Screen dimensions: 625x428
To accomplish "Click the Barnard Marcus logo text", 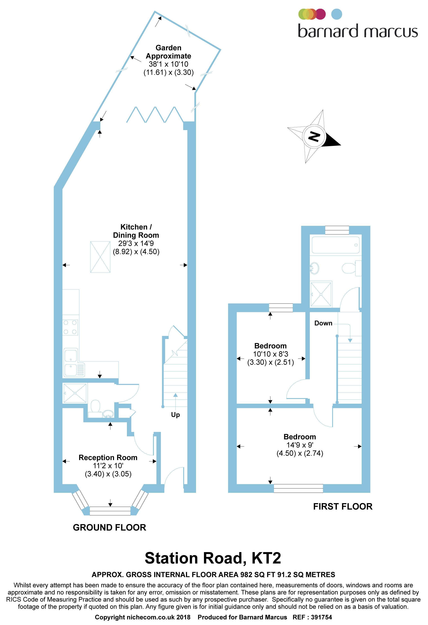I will point(358,31).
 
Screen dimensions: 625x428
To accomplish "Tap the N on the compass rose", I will point(314,137).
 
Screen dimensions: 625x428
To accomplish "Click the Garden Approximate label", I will point(168,52).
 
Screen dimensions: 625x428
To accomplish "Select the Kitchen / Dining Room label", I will point(136,231).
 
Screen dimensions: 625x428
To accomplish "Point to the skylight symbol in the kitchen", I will point(100,257).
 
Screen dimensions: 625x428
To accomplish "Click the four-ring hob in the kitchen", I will point(70,327).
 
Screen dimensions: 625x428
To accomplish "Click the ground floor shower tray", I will point(75,393).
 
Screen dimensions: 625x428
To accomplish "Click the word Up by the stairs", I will point(175,415).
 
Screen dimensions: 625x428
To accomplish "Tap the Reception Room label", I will point(108,457).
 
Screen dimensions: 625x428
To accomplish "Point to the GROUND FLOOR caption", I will point(109,527).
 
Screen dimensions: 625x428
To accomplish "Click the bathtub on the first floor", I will point(335,245).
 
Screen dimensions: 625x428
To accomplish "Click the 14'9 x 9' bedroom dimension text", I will point(300,445).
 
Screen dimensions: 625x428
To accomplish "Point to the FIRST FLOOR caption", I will point(343,506).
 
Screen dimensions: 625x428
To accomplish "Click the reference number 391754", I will point(321,617).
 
